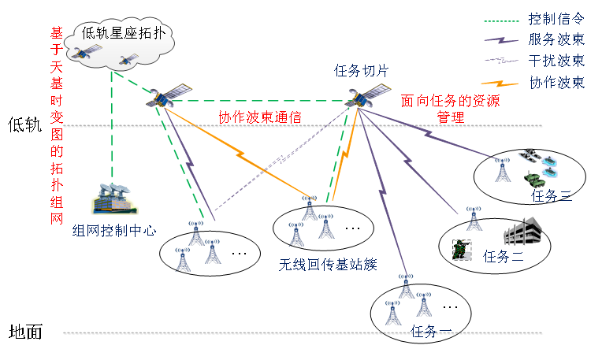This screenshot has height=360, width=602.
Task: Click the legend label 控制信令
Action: pyautogui.click(x=555, y=18)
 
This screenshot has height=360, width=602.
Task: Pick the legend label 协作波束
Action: pyautogui.click(x=555, y=82)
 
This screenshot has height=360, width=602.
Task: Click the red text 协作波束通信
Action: pyautogui.click(x=260, y=118)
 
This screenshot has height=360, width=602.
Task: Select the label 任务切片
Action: pyautogui.click(x=362, y=72)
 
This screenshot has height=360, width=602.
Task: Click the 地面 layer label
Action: pyautogui.click(x=24, y=332)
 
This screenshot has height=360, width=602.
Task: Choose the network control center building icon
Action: pyautogui.click(x=113, y=199)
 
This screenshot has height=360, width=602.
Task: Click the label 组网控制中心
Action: pyautogui.click(x=114, y=231)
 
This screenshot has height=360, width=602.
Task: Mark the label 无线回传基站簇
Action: pyautogui.click(x=327, y=264)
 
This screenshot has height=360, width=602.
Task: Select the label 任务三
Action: pyautogui.click(x=552, y=196)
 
